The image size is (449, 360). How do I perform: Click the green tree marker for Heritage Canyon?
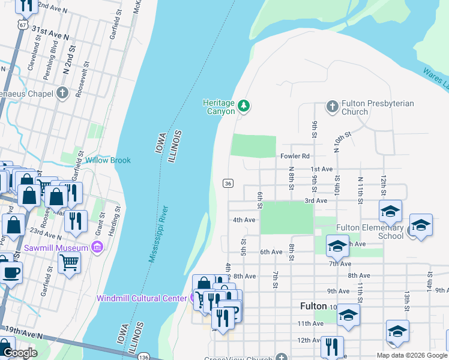[243, 106]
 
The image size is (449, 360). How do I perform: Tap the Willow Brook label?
[107, 160]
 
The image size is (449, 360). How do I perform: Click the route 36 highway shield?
[228, 183]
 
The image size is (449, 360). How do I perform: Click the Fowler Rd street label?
[294, 156]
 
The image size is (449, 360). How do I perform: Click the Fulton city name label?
[313, 306]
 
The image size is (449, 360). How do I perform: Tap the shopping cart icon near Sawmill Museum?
[70, 262]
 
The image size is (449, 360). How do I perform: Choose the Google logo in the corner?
[20, 353]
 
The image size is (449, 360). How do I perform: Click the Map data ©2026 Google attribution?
[411, 355]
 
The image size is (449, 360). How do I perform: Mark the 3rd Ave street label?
[315, 200]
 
